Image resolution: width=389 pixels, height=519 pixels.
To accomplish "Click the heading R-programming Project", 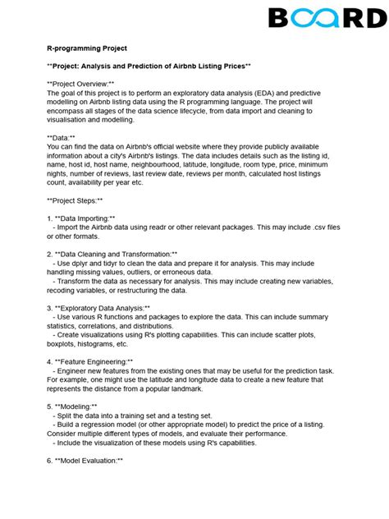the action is click(87, 48).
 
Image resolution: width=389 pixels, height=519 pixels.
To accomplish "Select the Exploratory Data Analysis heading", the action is click(103, 307).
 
